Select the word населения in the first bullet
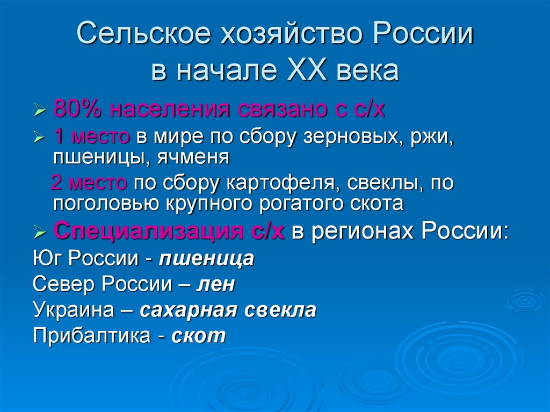tap(169, 110)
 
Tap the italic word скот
tap(199, 336)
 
